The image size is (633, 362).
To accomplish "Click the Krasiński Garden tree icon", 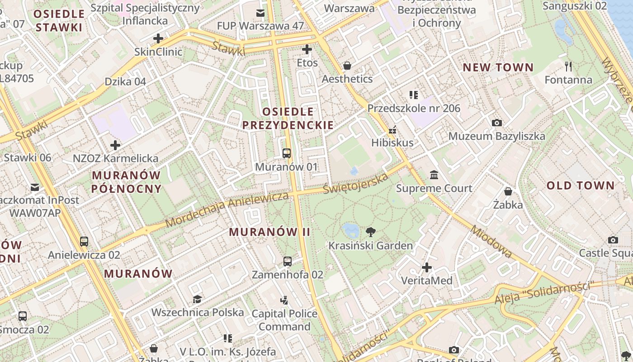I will (x=370, y=233).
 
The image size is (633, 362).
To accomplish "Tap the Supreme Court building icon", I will (x=434, y=175).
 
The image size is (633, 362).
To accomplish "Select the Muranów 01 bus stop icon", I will (x=287, y=153).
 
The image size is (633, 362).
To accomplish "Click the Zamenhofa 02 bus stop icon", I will (x=288, y=261).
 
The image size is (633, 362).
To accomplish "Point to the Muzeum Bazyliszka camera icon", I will (x=496, y=123).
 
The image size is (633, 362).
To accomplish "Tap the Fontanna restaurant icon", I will (x=568, y=67).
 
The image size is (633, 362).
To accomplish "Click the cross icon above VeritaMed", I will (x=426, y=267).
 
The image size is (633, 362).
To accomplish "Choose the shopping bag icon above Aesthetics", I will (x=347, y=66).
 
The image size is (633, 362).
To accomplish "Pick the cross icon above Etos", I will (x=307, y=49).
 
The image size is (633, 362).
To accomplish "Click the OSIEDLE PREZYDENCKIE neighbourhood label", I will (x=288, y=118).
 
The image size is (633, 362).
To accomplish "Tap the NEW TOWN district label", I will (x=498, y=68).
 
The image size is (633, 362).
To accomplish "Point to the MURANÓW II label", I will (x=269, y=232).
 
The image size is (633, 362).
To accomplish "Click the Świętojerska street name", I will (x=356, y=183).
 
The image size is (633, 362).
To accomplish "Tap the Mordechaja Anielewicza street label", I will (x=227, y=210).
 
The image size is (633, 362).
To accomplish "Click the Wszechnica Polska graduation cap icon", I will (x=197, y=299).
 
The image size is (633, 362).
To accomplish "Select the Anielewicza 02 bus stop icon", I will (x=84, y=241).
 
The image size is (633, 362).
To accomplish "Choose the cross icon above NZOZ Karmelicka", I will (x=115, y=145).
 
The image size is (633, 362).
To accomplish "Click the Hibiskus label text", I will (x=392, y=143).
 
